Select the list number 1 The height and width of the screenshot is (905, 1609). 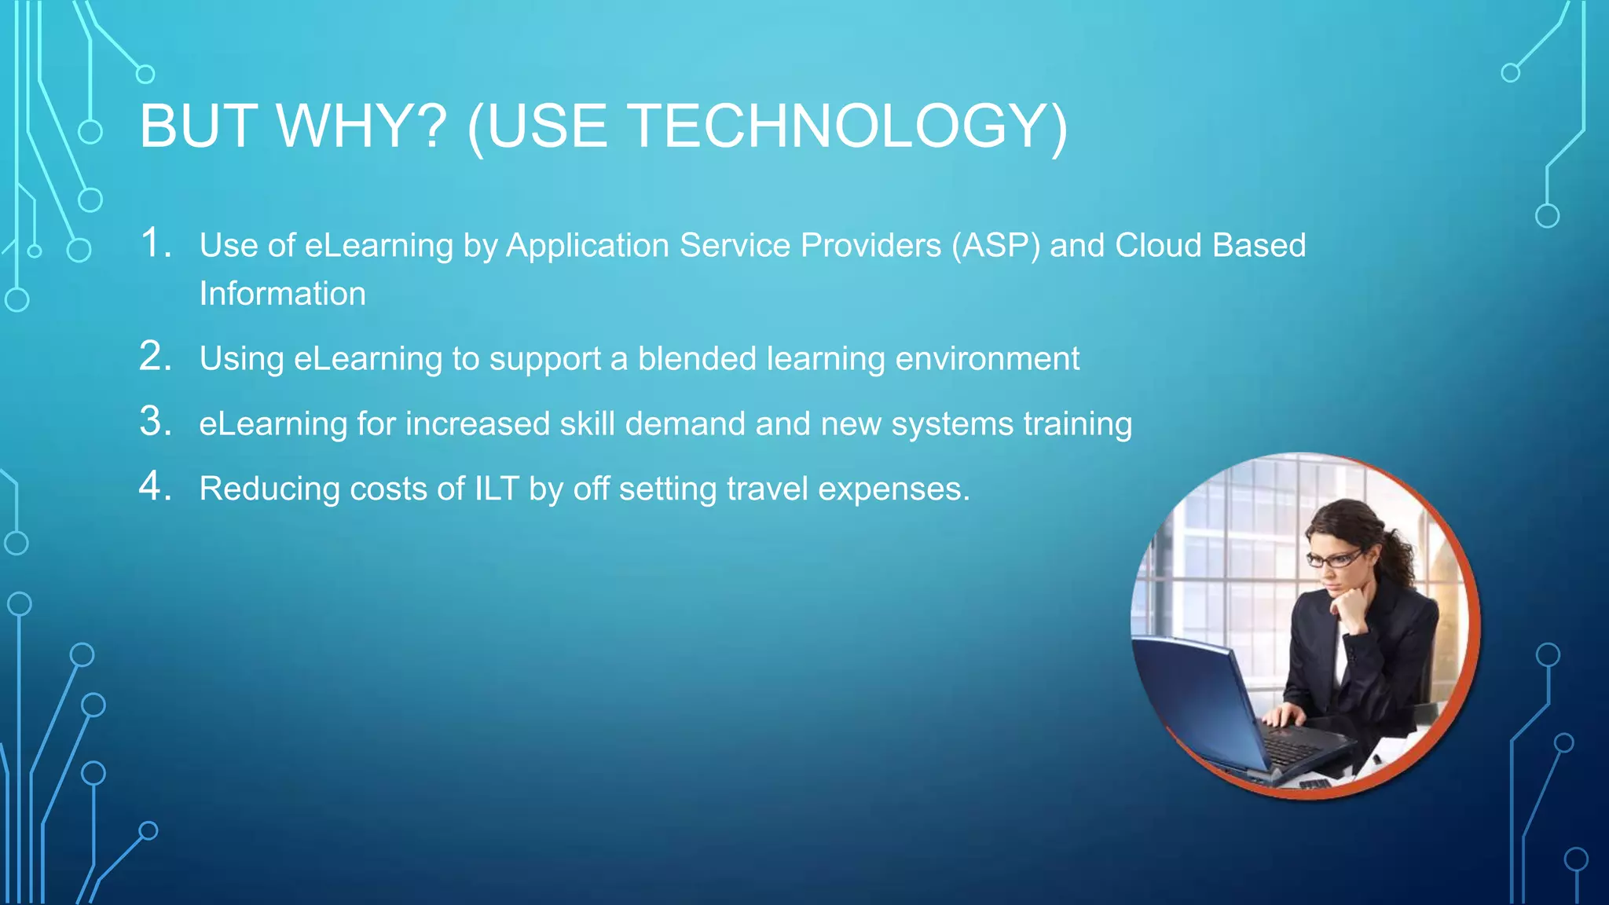click(155, 243)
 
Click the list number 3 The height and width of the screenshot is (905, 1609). click(155, 421)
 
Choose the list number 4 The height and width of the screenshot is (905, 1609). click(155, 486)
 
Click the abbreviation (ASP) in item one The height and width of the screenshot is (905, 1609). click(995, 246)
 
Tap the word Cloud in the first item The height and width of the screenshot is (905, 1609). click(1158, 245)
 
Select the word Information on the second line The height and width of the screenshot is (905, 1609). click(282, 294)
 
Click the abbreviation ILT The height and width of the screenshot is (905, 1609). click(497, 489)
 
